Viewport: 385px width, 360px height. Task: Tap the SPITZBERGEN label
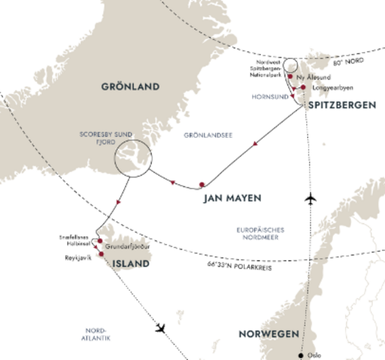point(342,105)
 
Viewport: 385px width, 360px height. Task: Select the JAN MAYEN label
point(232,198)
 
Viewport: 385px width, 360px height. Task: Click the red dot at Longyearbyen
point(303,87)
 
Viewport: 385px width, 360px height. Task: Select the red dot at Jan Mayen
point(202,185)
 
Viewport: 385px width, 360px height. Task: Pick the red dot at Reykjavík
point(101,254)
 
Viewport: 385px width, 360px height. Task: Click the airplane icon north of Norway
point(310,199)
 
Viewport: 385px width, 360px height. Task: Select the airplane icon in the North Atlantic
point(160,327)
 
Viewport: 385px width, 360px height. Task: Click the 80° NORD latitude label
point(349,60)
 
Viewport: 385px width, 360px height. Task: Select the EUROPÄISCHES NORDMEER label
point(260,233)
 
